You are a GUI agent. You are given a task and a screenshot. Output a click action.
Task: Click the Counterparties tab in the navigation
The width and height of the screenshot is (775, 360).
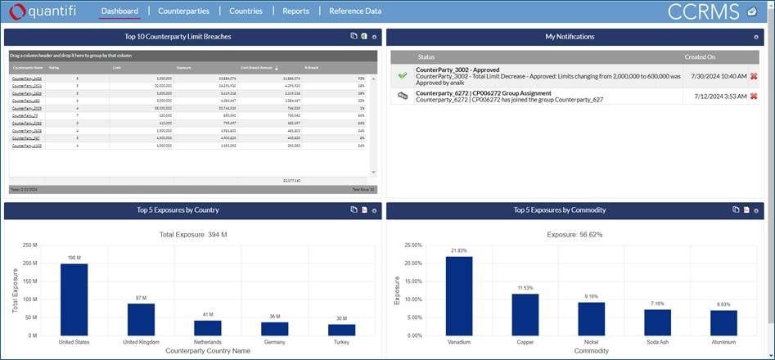point(183,11)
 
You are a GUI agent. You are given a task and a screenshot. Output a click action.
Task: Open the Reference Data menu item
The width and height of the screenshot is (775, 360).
point(355,11)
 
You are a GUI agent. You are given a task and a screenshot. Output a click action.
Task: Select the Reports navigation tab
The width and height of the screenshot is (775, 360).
point(295,11)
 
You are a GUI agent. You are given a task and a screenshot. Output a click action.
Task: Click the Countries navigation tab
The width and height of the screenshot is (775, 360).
point(246,11)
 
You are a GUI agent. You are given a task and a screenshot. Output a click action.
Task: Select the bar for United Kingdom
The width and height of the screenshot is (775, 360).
point(141,319)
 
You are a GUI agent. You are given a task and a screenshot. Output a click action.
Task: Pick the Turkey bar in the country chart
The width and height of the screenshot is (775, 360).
point(341,330)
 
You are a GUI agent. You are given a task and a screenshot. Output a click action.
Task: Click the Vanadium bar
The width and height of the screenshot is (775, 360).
point(459,295)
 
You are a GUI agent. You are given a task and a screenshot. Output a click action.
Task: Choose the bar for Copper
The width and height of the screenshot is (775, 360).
point(525,314)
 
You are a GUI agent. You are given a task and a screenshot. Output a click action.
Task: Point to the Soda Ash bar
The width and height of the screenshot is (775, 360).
point(657,322)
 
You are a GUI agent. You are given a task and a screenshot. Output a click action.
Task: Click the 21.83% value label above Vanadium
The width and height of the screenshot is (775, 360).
point(459,250)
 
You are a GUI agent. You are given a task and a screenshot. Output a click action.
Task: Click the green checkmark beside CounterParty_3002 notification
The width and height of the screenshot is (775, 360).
point(402,75)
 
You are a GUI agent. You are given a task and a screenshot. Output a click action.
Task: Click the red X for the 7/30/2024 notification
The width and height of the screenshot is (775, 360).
point(754,75)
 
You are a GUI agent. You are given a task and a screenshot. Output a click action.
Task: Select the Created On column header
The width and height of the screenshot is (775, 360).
point(701,57)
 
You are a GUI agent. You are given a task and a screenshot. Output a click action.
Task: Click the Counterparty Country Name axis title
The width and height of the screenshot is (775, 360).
point(207,350)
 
